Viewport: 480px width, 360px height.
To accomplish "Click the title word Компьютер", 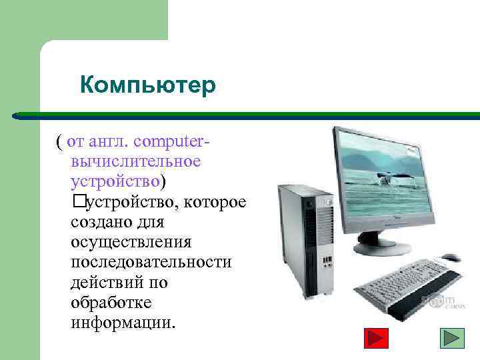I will pyautogui.click(x=147, y=85).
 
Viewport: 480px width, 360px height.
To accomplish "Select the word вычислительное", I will pyautogui.click(x=135, y=161).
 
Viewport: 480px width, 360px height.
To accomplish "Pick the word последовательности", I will pyautogui.click(x=151, y=261).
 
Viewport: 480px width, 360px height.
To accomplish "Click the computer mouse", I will pyautogui.click(x=449, y=257).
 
